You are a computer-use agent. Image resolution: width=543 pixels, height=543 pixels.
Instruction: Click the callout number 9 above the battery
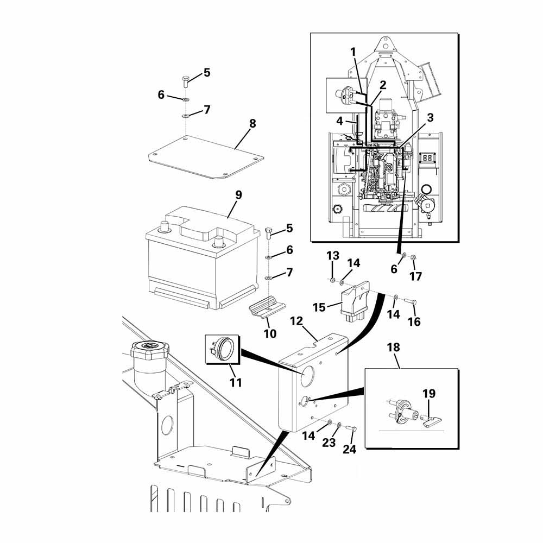(238, 195)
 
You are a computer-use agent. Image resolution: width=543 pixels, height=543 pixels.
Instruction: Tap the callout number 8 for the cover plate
(252, 123)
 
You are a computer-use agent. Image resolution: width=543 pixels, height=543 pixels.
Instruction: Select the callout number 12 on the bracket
(296, 321)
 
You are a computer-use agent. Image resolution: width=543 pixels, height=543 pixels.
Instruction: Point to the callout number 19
(429, 393)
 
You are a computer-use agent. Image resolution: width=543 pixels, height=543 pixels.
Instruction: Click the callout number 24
(349, 449)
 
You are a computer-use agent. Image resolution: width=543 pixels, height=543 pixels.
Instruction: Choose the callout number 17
(415, 276)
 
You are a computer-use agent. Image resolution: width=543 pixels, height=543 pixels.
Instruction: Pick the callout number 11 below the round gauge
(236, 383)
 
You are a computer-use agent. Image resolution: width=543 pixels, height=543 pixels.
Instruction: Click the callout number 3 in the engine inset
(430, 118)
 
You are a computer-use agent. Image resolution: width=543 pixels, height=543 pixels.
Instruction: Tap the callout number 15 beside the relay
(319, 307)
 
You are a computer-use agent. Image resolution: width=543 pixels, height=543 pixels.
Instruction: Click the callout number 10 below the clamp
(270, 333)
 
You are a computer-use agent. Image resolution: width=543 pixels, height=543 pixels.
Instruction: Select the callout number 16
(414, 321)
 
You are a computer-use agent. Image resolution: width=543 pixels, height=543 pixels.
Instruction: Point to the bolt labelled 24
(351, 429)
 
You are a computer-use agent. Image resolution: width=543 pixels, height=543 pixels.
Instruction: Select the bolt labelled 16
(410, 301)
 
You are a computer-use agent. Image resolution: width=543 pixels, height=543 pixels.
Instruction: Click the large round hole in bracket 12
(307, 376)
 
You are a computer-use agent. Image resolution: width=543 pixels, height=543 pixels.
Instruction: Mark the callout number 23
(329, 442)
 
